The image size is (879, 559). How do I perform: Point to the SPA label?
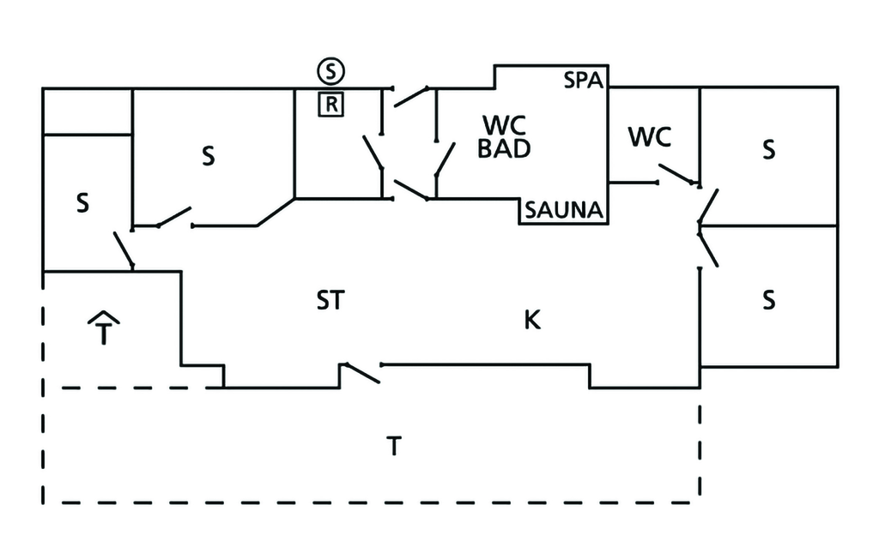tap(584, 81)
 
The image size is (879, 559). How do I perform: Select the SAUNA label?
tap(565, 210)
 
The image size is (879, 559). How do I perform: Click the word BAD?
tap(504, 148)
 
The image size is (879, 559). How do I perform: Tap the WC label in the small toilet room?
tap(649, 136)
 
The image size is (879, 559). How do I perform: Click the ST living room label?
tap(330, 301)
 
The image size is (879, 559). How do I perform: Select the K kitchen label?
tap(532, 321)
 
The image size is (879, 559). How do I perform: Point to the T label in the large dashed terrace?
tap(393, 446)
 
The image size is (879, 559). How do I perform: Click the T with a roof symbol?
tap(104, 330)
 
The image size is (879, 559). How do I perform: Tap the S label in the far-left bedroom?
tap(82, 204)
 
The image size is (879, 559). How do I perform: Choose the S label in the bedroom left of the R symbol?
tap(208, 157)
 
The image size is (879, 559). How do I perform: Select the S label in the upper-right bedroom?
tap(768, 149)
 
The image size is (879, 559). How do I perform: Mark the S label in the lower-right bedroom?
tap(768, 300)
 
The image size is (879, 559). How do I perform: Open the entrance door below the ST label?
tap(361, 374)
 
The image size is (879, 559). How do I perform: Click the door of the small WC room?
tap(678, 175)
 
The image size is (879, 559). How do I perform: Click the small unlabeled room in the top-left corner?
tap(87, 111)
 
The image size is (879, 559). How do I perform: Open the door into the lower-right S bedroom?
tap(708, 247)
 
